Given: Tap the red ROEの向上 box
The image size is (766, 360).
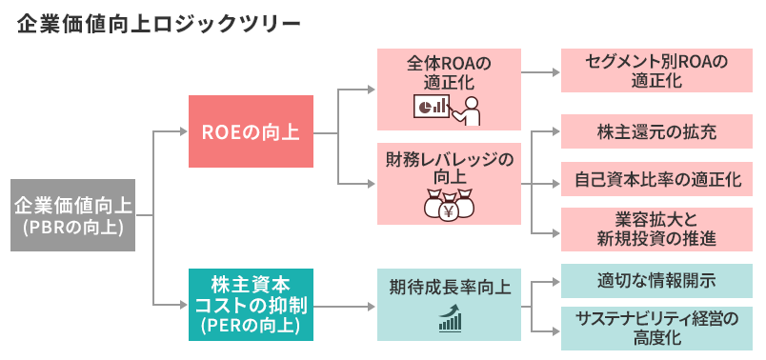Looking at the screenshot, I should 251,131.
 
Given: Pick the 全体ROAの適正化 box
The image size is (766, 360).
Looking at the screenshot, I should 449,90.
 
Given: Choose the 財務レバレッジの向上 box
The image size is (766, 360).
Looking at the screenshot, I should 449,184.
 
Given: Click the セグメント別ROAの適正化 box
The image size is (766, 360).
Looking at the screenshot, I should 656,72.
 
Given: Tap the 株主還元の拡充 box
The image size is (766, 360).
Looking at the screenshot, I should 656,131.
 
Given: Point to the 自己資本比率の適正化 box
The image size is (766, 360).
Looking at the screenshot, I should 656,179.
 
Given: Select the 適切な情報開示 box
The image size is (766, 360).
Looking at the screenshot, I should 656,281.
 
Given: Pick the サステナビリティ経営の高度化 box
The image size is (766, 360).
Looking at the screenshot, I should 656,327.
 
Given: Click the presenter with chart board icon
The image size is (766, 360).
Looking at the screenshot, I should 448,109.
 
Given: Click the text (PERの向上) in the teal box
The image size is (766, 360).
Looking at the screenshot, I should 251,327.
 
